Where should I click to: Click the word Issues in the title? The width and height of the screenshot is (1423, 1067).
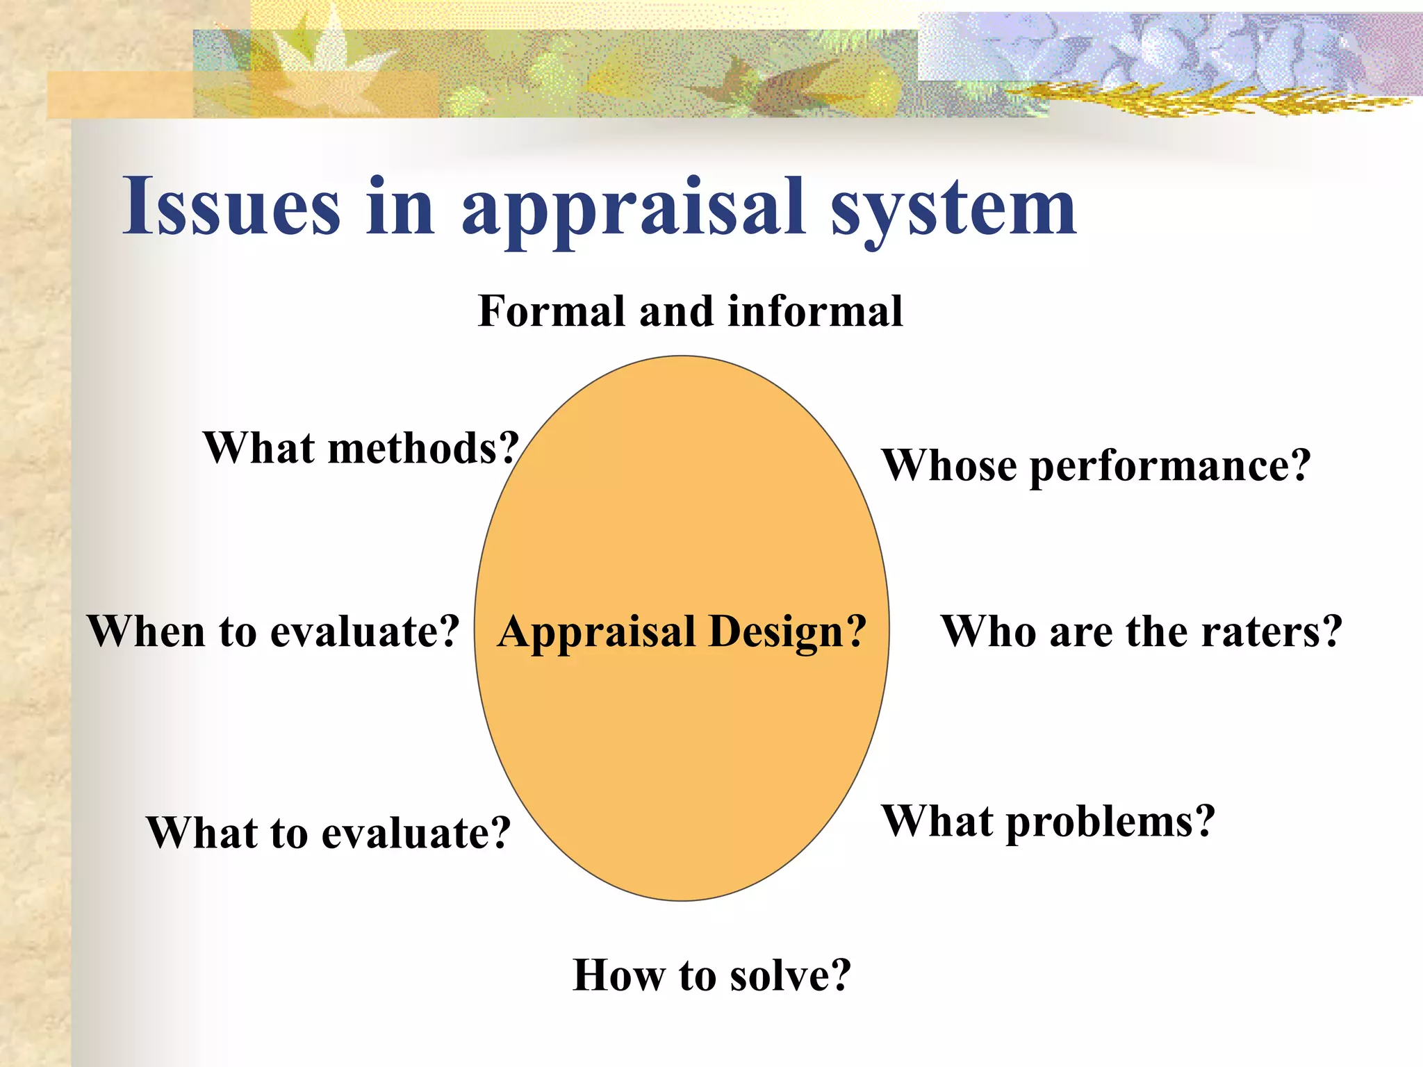tap(231, 207)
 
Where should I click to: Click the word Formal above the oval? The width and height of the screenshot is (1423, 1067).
tap(552, 311)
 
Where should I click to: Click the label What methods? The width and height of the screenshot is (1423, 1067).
tap(361, 448)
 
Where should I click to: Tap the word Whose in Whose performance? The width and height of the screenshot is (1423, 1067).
tap(950, 465)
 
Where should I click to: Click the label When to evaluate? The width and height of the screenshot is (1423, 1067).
tap(273, 632)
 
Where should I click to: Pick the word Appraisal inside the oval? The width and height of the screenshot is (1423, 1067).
tap(597, 632)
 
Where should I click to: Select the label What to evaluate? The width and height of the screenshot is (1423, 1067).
tap(329, 832)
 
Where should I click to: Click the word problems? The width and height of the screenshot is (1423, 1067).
tap(1110, 822)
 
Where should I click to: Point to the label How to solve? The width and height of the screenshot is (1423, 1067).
tap(711, 975)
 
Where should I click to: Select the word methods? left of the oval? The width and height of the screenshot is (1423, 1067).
tap(424, 448)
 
